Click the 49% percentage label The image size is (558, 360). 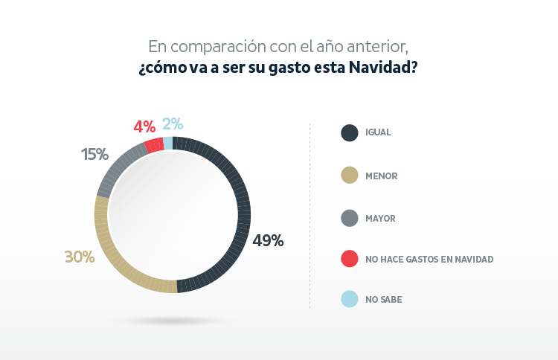(268, 240)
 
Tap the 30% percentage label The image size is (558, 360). (80, 257)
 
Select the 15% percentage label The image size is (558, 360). (94, 155)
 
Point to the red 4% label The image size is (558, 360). (144, 126)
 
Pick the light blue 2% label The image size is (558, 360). (172, 124)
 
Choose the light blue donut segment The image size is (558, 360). (168, 143)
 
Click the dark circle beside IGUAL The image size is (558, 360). (350, 133)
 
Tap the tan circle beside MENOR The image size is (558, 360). (350, 176)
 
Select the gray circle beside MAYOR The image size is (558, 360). (350, 219)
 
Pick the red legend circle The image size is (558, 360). (350, 259)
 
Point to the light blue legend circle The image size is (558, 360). (350, 299)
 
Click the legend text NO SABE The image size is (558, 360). (384, 299)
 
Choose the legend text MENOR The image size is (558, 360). (382, 176)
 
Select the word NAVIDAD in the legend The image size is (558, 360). (473, 260)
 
